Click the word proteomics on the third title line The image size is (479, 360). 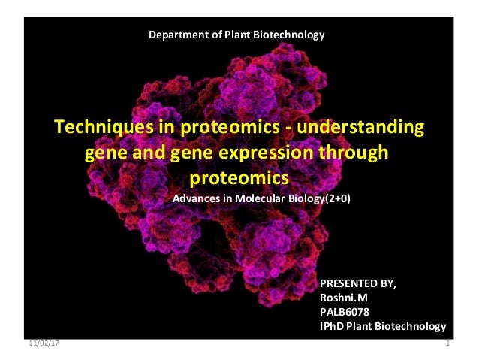[238, 179]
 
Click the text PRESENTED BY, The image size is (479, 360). [357, 283]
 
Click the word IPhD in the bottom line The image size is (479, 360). [333, 326]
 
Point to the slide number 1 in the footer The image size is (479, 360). [447, 343]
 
